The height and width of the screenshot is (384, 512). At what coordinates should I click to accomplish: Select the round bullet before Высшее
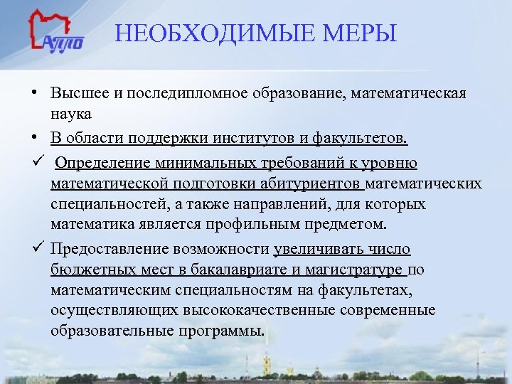coord(34,94)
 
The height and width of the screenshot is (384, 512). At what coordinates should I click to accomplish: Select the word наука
coord(71,114)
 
